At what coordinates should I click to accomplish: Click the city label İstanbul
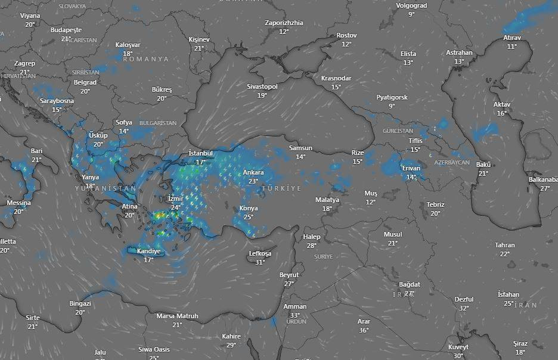point(200,153)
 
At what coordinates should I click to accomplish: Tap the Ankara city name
point(253,173)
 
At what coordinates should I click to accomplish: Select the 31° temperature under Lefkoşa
point(260,262)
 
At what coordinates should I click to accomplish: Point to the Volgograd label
point(411,6)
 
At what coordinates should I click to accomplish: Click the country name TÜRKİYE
point(281,188)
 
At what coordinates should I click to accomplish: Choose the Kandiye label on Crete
point(148,252)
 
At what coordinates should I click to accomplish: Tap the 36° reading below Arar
point(364,330)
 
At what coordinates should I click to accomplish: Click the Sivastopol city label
point(262,87)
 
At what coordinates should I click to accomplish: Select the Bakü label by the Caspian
point(483,165)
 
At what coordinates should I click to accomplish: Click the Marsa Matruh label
point(177,316)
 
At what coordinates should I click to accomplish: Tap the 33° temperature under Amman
point(295,315)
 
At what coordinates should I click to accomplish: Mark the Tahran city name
point(504,246)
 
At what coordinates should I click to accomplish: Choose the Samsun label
point(300,148)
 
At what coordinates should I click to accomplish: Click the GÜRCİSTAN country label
point(398,131)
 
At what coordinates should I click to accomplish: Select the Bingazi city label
point(80,304)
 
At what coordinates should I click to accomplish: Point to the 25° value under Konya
point(248,217)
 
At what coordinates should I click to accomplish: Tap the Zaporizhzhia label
point(284,23)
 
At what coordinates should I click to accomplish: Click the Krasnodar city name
point(336,79)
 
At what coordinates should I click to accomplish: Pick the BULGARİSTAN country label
point(158,123)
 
